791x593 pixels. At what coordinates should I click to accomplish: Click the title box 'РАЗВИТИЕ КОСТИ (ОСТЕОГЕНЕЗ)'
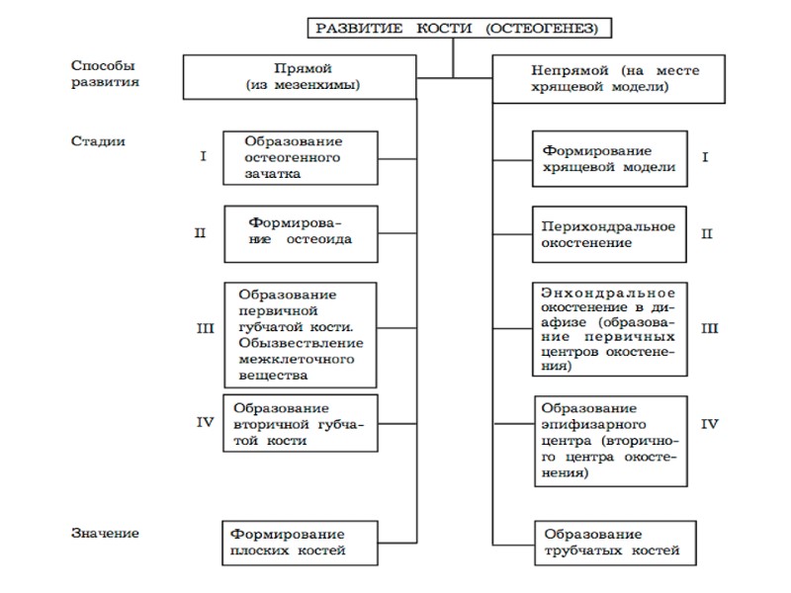coord(456,28)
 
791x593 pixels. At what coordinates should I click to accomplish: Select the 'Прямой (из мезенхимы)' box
coord(302,78)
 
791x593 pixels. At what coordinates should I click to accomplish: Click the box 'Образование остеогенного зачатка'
coord(300,157)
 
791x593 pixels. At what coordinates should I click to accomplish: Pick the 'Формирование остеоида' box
coord(302,233)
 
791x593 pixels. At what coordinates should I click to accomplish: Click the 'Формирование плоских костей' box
coord(300,542)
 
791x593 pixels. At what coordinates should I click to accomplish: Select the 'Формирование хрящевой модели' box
coord(609,158)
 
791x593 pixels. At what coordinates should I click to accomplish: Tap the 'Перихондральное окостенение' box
coord(609,233)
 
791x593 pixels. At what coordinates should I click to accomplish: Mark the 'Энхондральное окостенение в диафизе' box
coord(609,329)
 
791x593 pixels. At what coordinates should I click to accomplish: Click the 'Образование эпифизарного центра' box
coord(609,439)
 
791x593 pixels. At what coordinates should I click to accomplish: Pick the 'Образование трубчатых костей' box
coord(609,542)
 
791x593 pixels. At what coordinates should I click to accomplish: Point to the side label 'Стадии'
coord(98,140)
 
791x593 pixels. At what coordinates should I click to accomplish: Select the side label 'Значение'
coord(105,534)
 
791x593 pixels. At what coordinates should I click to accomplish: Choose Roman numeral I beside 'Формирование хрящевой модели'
coord(705,157)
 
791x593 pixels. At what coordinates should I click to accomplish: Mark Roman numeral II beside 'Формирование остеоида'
coord(200,233)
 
